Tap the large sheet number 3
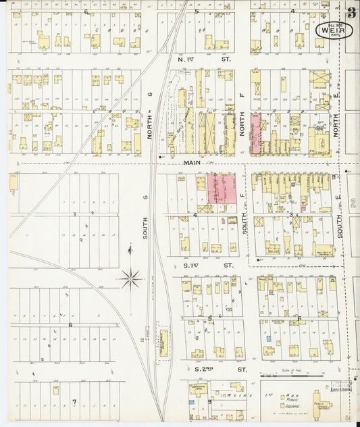coord(351,13)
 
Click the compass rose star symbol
coord(130,276)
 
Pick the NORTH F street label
coord(242,124)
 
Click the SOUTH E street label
coord(340,223)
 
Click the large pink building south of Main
coord(222,188)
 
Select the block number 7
coord(76,401)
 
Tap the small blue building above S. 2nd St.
coord(268,338)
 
